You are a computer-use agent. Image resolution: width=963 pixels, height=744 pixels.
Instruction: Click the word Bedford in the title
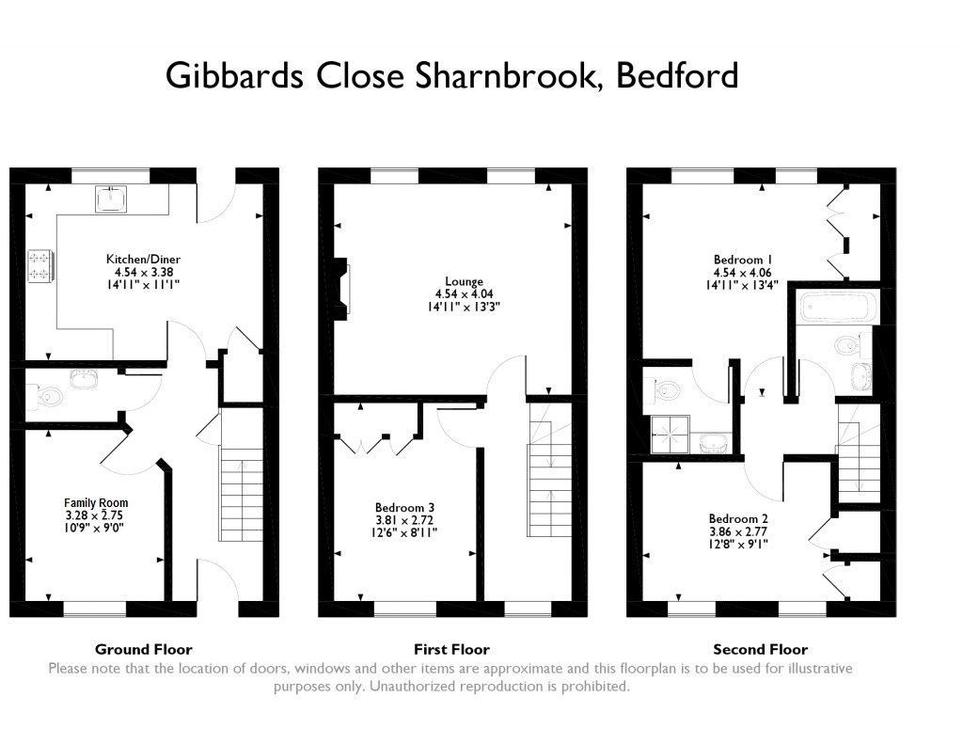coord(676,75)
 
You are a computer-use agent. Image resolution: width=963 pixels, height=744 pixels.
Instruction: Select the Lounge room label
coord(464,281)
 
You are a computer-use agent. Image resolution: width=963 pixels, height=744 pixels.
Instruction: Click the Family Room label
coord(96,502)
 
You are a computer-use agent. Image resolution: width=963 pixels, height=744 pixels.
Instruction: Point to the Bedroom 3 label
coord(404,507)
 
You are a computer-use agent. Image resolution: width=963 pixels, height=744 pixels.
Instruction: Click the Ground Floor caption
coord(143,649)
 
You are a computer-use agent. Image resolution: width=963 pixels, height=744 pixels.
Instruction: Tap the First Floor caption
coord(451,649)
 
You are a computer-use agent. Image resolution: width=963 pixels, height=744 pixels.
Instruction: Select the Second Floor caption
coord(760,649)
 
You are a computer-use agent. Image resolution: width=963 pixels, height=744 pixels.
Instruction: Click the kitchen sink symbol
coord(112,198)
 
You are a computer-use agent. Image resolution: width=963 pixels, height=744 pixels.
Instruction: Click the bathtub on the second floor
coord(837,307)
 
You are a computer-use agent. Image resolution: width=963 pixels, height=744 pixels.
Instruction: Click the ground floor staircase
coord(241,494)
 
